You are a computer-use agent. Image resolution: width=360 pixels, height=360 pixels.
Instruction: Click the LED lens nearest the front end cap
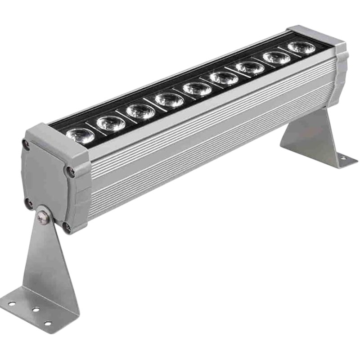point(81,135)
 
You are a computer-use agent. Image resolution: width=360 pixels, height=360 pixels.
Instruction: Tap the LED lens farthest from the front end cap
point(301,47)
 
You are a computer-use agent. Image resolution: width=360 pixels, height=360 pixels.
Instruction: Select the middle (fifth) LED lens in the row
point(197,88)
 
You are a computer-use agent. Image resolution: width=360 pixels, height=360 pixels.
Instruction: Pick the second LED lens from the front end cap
point(111,122)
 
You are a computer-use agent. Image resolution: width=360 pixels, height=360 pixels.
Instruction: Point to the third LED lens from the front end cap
point(140,111)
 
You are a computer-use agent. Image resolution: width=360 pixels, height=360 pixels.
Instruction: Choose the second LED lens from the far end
point(276,57)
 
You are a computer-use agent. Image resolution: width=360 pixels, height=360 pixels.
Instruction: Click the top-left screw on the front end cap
point(26,144)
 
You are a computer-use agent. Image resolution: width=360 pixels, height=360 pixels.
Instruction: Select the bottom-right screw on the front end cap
point(67,227)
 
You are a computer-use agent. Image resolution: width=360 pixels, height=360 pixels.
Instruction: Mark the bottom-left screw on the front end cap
point(28,203)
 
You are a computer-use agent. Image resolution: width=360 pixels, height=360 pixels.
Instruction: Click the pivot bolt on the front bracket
point(43,218)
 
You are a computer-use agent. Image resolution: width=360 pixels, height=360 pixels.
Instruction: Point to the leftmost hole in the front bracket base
point(12,304)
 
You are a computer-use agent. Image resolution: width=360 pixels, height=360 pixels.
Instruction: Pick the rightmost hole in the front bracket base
point(48,323)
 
